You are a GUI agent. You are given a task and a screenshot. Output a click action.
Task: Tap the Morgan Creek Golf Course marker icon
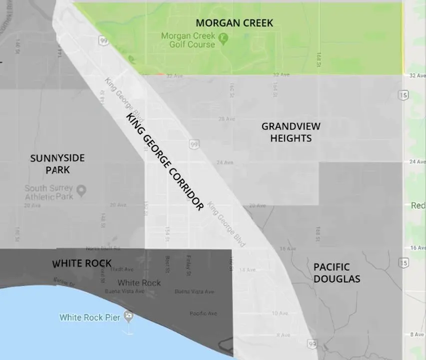pyautogui.click(x=224, y=37)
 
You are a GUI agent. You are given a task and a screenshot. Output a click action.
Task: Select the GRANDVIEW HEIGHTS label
pyautogui.click(x=291, y=132)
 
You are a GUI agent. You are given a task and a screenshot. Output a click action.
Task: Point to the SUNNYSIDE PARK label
pyautogui.click(x=57, y=164)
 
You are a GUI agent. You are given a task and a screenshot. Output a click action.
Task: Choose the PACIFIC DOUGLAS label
pyautogui.click(x=337, y=273)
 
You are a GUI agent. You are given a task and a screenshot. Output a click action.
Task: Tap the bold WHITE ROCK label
pyautogui.click(x=82, y=263)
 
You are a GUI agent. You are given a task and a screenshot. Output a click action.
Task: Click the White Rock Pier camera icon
pyautogui.click(x=129, y=316)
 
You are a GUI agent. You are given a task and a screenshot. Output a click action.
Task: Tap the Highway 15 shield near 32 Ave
pyautogui.click(x=403, y=94)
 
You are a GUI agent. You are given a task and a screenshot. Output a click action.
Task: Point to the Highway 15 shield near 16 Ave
pyautogui.click(x=404, y=262)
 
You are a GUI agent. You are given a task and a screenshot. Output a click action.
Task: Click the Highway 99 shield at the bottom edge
pyautogui.click(x=312, y=344)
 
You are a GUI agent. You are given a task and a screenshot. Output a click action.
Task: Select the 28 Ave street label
pyautogui.click(x=226, y=119)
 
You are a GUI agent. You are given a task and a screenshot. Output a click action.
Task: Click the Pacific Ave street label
pyautogui.click(x=203, y=313)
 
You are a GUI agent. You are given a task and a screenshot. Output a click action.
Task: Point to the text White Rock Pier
pyautogui.click(x=89, y=317)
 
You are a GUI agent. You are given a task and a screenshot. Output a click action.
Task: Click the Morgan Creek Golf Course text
pyautogui.click(x=188, y=40)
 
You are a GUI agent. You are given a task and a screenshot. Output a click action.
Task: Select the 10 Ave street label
pyautogui.click(x=280, y=313)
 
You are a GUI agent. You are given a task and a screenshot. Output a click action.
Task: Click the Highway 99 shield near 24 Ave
pyautogui.click(x=193, y=144)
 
